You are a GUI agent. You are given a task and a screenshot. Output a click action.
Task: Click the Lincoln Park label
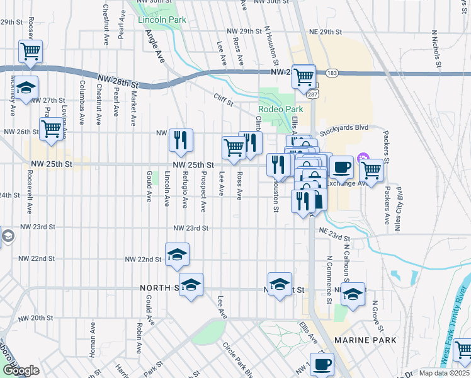point(162,20)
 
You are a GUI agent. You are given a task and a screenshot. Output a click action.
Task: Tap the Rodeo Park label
point(276,109)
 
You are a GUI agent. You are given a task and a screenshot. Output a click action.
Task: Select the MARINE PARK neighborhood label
point(366,340)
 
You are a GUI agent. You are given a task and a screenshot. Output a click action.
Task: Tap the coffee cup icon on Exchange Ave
point(341,168)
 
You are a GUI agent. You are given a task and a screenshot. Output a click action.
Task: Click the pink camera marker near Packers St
point(362,157)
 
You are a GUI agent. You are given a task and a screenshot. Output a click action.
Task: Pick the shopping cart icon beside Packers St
point(372,169)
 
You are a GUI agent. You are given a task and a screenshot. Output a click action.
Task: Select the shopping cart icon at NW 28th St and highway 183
point(304,76)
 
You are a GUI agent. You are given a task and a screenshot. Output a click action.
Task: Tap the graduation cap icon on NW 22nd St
point(178,255)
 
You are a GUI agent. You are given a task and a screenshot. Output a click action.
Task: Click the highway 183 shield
point(332,74)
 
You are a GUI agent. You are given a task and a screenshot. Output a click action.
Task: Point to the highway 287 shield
point(312,94)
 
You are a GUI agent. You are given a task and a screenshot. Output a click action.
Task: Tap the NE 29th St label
point(325,31)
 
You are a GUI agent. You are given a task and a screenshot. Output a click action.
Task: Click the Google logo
point(21,370)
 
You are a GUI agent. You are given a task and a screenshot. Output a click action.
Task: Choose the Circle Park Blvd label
point(238,359)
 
